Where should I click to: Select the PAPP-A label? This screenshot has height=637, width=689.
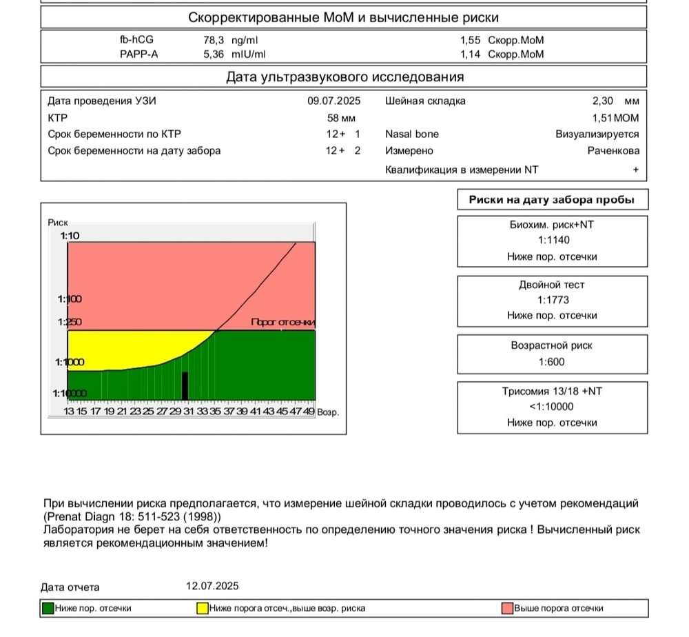(x=138, y=54)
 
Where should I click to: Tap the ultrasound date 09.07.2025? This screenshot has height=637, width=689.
(x=334, y=101)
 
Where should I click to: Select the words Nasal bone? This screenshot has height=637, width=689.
(x=412, y=134)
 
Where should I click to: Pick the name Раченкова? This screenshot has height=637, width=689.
(x=613, y=151)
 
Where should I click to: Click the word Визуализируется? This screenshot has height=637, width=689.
(x=597, y=134)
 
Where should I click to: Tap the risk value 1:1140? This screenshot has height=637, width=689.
(x=552, y=241)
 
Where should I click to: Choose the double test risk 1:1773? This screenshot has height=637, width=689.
(x=552, y=300)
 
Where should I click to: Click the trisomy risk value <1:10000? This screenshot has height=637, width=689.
(x=552, y=407)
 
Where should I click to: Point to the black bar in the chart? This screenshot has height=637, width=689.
(x=185, y=385)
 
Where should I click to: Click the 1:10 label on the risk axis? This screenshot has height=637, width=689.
(x=70, y=236)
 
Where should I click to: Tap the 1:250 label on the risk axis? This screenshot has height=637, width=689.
(x=70, y=321)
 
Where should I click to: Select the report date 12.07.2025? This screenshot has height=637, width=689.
(x=212, y=586)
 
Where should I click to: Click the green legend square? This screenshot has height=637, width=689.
(x=48, y=608)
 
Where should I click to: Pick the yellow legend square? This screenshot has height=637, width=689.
(x=203, y=608)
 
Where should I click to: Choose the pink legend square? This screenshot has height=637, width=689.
(x=508, y=608)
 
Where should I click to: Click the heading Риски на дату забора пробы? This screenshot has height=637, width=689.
(x=552, y=201)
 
